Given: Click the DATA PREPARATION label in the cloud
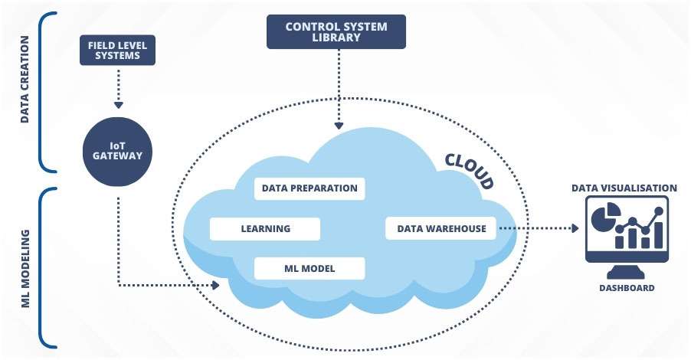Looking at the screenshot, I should [309, 188].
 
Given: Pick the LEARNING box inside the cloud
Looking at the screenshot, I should [265, 228].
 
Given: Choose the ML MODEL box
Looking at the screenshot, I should [309, 269].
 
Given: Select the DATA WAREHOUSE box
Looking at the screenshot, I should [441, 228].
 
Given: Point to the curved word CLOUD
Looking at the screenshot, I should [469, 170].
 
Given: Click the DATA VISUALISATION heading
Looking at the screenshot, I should [624, 188].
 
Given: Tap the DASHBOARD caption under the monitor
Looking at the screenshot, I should [627, 288].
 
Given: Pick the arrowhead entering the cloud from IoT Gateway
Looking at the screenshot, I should [215, 285].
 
